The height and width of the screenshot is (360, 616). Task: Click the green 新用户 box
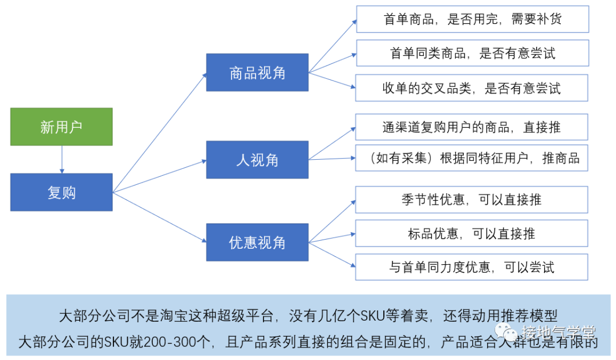coord(62,126)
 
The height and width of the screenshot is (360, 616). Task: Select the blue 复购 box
coord(62,192)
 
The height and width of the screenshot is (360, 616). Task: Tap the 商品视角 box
coord(257,72)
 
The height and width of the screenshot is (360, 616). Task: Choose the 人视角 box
coord(257,160)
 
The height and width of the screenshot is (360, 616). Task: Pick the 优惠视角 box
coord(257,242)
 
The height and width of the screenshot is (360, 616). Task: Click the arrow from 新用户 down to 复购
coord(62,159)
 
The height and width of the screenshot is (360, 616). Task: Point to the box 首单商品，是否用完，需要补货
coord(472,19)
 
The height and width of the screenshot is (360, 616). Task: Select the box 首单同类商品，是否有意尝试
coord(472,53)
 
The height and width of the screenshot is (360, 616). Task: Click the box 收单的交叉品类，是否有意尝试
coord(472,88)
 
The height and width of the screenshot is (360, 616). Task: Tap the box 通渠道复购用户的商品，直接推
coord(472,127)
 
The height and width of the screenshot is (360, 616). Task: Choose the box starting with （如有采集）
coord(472,158)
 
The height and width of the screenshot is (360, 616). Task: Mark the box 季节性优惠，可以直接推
coord(472,199)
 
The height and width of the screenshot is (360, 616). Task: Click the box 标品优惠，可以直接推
coord(472,233)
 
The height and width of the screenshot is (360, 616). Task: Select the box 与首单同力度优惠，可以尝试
coord(472,267)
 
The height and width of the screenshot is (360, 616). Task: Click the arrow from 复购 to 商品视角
coord(160,132)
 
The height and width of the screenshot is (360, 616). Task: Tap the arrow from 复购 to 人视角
coord(160,176)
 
